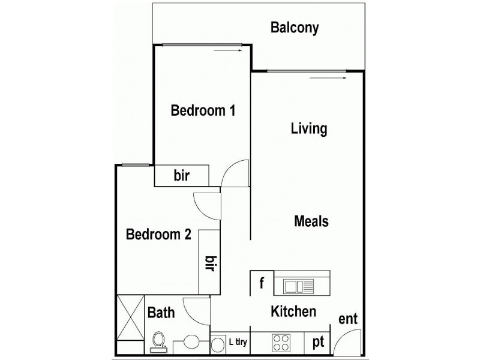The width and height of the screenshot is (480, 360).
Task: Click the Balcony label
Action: click(294, 28)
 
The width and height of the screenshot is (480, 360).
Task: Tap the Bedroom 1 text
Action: click(202, 111)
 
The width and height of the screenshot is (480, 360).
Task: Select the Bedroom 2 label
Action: click(158, 235)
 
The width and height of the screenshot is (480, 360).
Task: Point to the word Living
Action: click(308, 129)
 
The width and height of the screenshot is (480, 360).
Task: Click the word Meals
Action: click(311, 221)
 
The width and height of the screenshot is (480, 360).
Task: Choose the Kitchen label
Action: click(293, 312)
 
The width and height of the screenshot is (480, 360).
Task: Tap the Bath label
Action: click(161, 313)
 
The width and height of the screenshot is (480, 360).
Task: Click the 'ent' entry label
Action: click(348, 319)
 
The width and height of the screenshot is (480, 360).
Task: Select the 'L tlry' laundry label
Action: click(239, 343)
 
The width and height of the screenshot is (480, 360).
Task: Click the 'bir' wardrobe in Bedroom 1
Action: click(182, 176)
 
